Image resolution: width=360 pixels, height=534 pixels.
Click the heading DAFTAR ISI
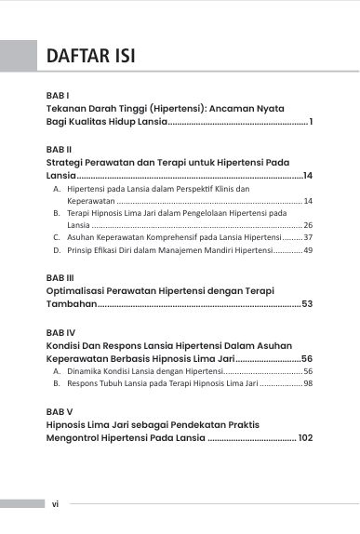(x=91, y=56)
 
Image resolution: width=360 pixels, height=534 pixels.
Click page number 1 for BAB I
(x=311, y=122)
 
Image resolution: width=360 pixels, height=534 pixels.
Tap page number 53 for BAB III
(x=307, y=304)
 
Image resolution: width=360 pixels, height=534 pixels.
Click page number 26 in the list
(x=308, y=225)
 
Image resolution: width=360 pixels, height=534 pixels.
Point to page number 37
(x=308, y=238)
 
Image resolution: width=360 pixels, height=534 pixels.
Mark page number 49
(x=308, y=250)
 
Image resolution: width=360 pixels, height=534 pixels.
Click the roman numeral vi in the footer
(x=55, y=503)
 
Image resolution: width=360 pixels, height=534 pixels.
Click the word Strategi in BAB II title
(x=67, y=162)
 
